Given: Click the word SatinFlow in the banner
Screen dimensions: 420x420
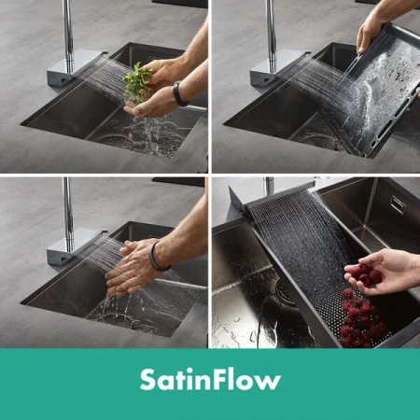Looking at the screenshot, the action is [210, 380].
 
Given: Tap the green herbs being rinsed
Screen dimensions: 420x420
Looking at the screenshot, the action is [136, 81].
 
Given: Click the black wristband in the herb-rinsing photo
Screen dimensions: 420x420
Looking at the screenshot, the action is [179, 93].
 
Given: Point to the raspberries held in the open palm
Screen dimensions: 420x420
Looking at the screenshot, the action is [365, 274].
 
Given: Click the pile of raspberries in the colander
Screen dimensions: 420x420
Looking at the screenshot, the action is [362, 319].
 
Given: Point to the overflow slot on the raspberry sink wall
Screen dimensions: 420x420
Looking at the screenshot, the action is [398, 203].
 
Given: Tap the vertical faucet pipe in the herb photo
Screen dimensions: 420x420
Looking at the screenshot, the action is [68, 35].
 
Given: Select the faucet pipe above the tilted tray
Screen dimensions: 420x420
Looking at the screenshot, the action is [272, 35].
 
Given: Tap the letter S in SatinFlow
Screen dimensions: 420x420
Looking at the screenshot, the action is [148, 380].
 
